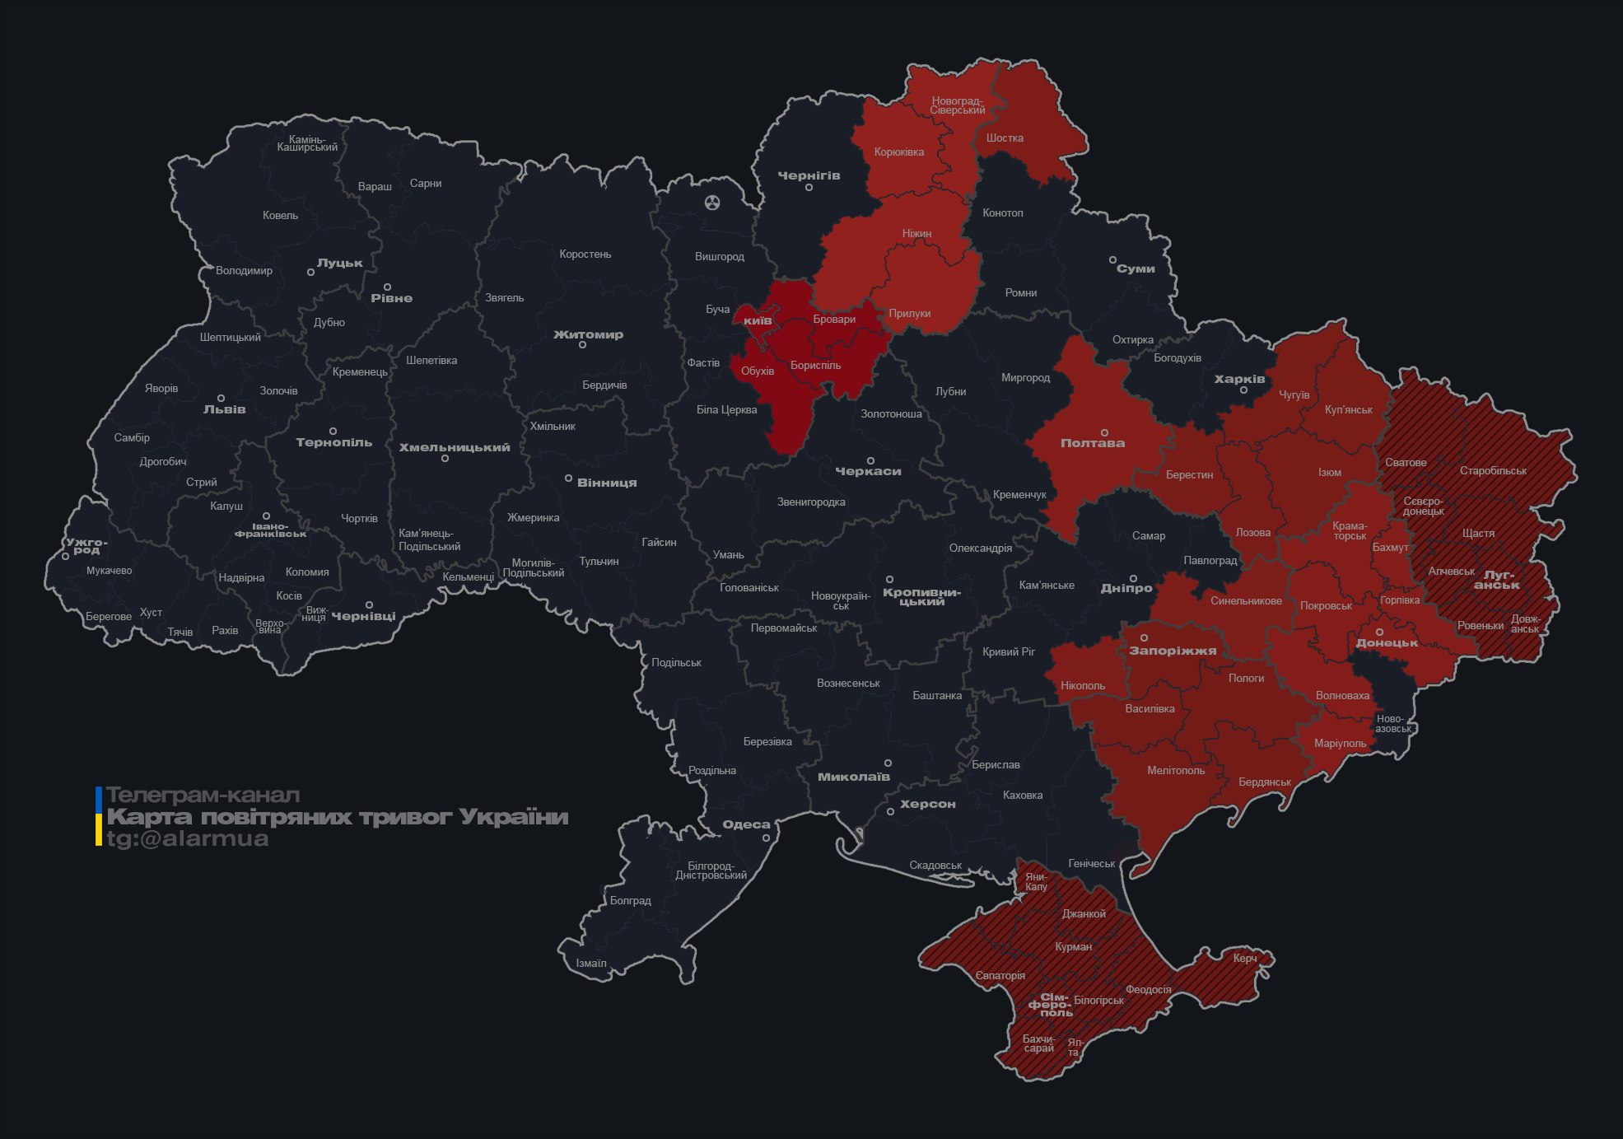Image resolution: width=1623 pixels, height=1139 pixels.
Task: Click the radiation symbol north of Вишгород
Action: [x=712, y=202]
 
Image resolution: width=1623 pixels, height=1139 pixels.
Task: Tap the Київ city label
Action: [x=758, y=320]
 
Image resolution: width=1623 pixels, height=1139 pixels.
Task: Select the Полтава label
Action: [x=1092, y=443]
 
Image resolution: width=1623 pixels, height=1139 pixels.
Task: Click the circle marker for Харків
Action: [x=1243, y=390]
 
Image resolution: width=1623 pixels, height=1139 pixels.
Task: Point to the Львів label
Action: [x=224, y=409]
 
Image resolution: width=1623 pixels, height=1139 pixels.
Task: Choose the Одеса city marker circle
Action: [x=766, y=838]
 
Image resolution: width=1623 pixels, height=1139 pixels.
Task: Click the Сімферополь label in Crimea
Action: [x=1051, y=1005]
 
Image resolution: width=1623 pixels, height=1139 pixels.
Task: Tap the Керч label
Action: [x=1245, y=958]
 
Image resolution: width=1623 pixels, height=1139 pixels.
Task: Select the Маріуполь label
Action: [x=1340, y=744]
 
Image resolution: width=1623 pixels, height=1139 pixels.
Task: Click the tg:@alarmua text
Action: [x=188, y=838]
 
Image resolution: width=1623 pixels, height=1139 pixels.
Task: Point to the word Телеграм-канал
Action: [x=203, y=796]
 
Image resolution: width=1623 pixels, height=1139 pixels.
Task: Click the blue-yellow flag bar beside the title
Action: [x=99, y=816]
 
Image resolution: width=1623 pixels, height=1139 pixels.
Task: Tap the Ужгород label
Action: [x=86, y=546]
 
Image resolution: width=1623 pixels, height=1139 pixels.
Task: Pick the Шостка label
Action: [x=1005, y=138]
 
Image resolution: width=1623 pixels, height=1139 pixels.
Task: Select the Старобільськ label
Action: [x=1493, y=471]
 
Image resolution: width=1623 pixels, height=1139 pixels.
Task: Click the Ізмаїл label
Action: [x=591, y=964]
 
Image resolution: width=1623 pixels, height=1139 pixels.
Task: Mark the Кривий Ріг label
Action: [x=1009, y=651]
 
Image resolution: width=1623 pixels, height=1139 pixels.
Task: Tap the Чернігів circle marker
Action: [x=809, y=188]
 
